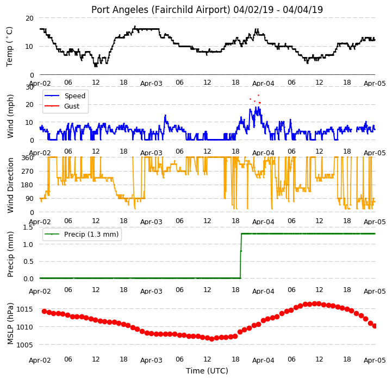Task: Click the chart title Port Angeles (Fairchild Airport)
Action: (160, 10)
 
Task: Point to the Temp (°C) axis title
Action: (9, 47)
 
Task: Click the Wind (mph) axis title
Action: (10, 116)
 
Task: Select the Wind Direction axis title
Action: (10, 185)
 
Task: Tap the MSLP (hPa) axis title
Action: (10, 324)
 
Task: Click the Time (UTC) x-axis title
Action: (207, 371)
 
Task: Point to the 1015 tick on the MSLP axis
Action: (24, 309)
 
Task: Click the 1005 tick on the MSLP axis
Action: (24, 345)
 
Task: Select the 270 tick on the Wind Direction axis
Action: (28, 172)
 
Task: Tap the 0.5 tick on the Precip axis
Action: (28, 262)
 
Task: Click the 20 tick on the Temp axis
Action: (29, 18)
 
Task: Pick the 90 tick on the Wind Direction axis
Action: (30, 199)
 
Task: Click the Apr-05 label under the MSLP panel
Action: (375, 360)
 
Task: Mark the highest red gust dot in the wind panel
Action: (258, 95)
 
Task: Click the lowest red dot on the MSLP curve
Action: (211, 339)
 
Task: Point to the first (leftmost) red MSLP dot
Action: (44, 311)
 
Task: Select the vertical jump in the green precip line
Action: (241, 256)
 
